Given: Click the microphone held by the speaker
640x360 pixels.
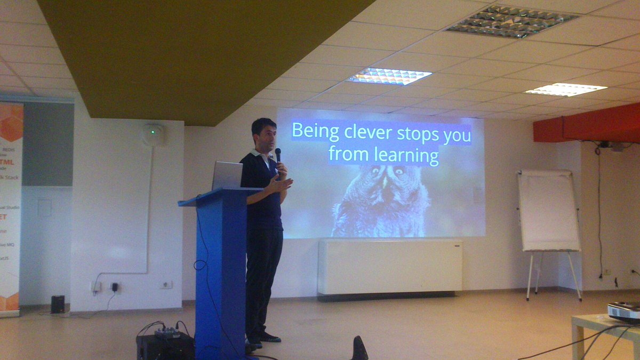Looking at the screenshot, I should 277,155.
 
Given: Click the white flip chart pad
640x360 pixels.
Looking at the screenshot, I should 548,210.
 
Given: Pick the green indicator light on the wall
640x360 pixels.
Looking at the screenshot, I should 153,131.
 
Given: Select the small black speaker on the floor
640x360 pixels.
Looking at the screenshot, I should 58,304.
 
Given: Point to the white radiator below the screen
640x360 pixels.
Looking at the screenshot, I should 390,267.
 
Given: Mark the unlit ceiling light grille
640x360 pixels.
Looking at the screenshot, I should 512,21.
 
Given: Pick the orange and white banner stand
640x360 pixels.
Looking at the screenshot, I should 11,208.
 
